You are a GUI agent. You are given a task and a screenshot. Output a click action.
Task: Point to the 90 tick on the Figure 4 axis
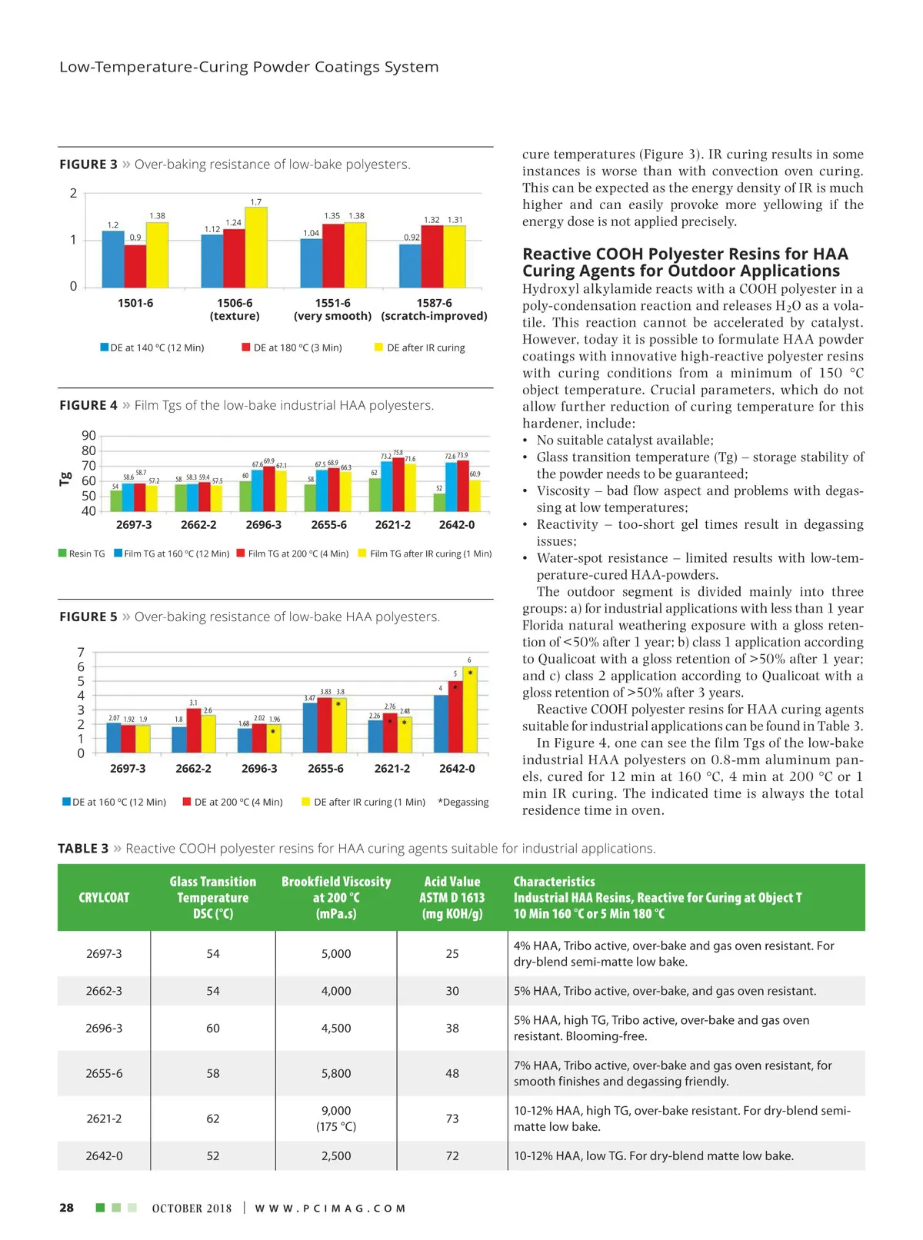tap(88, 436)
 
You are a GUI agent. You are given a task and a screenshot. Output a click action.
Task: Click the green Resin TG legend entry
tap(82, 554)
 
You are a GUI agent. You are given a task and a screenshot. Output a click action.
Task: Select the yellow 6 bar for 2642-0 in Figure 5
tap(469, 710)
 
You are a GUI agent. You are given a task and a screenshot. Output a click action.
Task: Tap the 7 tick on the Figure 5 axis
tap(81, 653)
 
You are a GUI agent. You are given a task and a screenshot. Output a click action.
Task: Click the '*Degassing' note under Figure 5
tap(463, 802)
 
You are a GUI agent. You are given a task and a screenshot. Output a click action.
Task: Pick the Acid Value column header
tap(452, 897)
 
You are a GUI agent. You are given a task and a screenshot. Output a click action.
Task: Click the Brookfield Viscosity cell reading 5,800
tap(336, 1073)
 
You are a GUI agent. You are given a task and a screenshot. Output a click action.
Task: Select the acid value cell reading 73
tap(452, 1119)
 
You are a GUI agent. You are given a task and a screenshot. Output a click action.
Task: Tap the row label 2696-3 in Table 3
tap(104, 1028)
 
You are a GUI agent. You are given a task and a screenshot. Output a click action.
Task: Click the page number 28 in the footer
tap(67, 1208)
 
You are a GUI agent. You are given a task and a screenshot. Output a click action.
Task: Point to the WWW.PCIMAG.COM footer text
tap(330, 1208)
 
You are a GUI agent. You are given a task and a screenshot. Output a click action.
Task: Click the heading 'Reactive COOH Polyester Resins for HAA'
tap(685, 254)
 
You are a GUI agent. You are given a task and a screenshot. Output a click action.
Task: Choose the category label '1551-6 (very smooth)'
tap(333, 309)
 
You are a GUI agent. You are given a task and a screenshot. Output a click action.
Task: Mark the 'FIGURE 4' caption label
tap(88, 405)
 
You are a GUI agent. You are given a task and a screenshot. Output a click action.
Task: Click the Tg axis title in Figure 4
tap(65, 479)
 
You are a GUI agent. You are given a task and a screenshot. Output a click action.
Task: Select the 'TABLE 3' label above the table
tap(83, 848)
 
